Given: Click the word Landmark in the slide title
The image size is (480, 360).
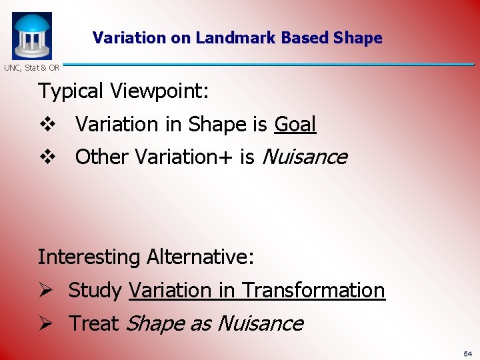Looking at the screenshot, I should pyautogui.click(x=236, y=38).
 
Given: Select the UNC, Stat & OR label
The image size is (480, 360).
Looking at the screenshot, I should pyautogui.click(x=31, y=67).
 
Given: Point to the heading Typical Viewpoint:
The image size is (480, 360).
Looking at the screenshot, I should pyautogui.click(x=123, y=91).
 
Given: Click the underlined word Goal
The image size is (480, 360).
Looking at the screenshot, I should pyautogui.click(x=295, y=124).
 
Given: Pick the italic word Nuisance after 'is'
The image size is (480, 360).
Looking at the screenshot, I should pyautogui.click(x=305, y=157).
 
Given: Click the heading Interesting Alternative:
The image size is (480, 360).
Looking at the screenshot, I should pyautogui.click(x=145, y=257).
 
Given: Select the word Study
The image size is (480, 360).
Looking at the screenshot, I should pyautogui.click(x=95, y=291).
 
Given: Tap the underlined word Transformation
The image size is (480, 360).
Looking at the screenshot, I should pyautogui.click(x=313, y=291).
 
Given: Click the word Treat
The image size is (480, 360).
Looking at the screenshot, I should pyautogui.click(x=94, y=323).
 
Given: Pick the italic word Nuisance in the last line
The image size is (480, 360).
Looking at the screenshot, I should pyautogui.click(x=260, y=323).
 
